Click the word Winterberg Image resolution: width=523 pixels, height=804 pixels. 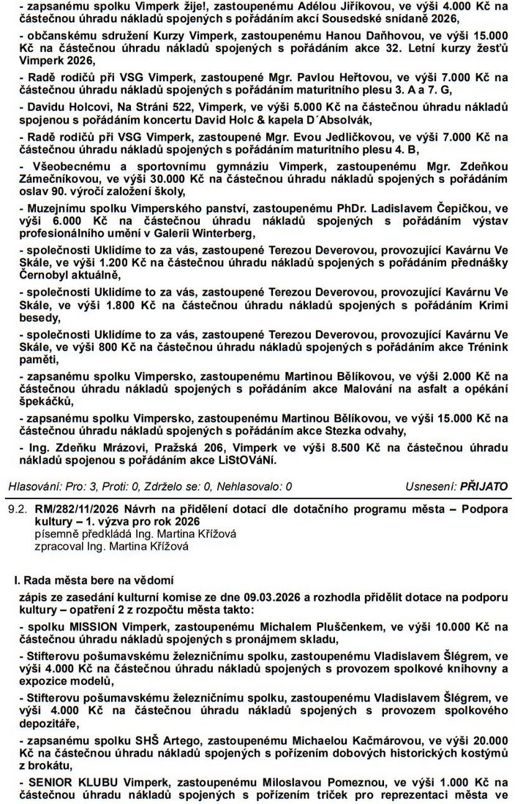click(x=223, y=234)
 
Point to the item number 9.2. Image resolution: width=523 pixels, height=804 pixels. click(x=13, y=507)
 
